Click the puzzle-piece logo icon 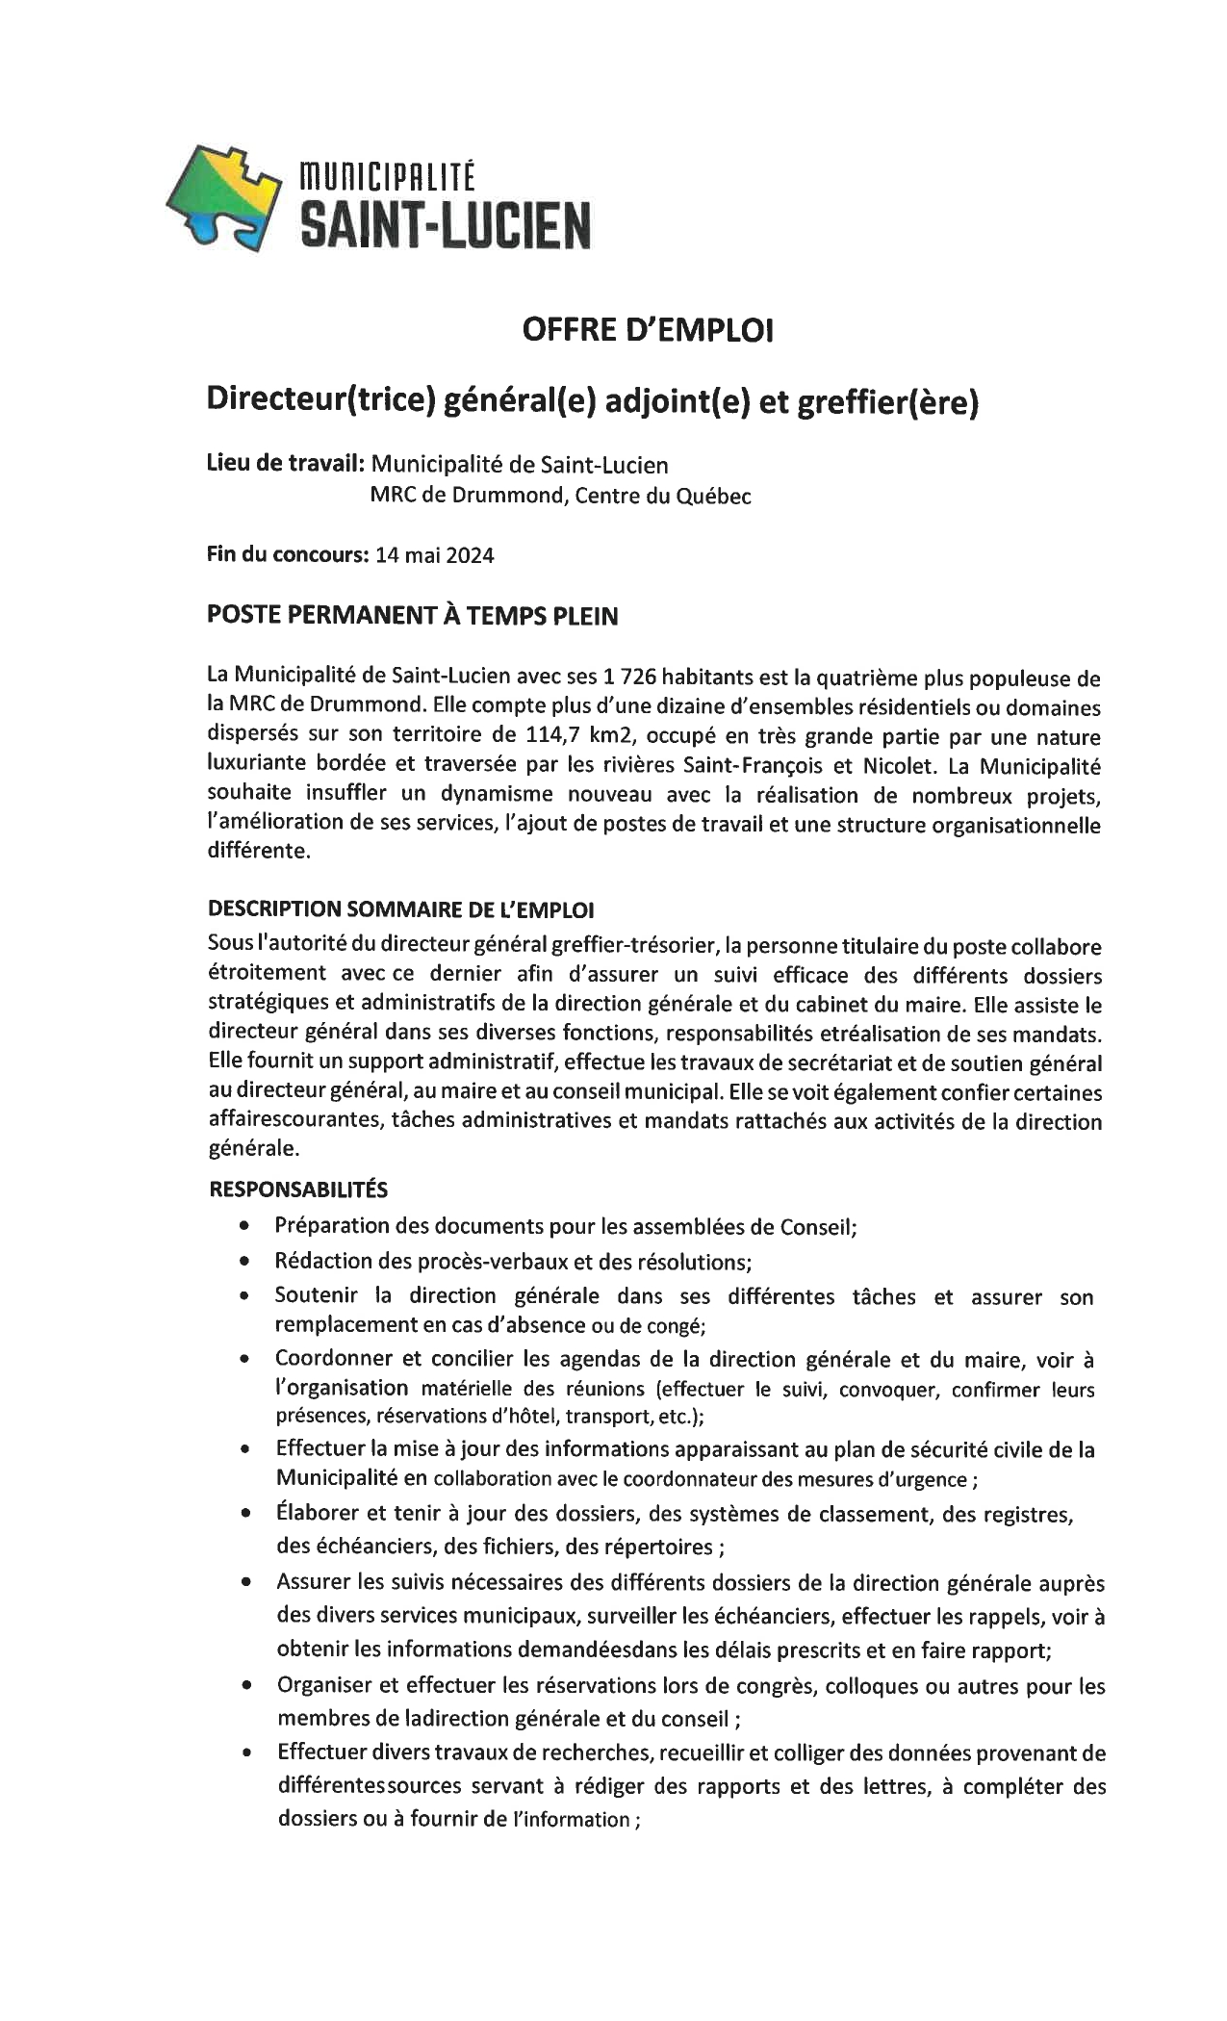pyautogui.click(x=224, y=196)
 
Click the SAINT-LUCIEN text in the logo pyautogui.click(x=446, y=227)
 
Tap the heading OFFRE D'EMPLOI pyautogui.click(x=647, y=331)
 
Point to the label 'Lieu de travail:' pyautogui.click(x=285, y=464)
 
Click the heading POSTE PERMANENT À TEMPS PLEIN pyautogui.click(x=413, y=616)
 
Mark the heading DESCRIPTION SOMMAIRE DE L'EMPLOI pyautogui.click(x=401, y=908)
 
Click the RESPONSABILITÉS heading pyautogui.click(x=298, y=1190)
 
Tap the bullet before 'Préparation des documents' pyautogui.click(x=247, y=1226)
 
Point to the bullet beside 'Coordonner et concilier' pyautogui.click(x=247, y=1360)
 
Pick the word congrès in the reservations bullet pyautogui.click(x=782, y=1686)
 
